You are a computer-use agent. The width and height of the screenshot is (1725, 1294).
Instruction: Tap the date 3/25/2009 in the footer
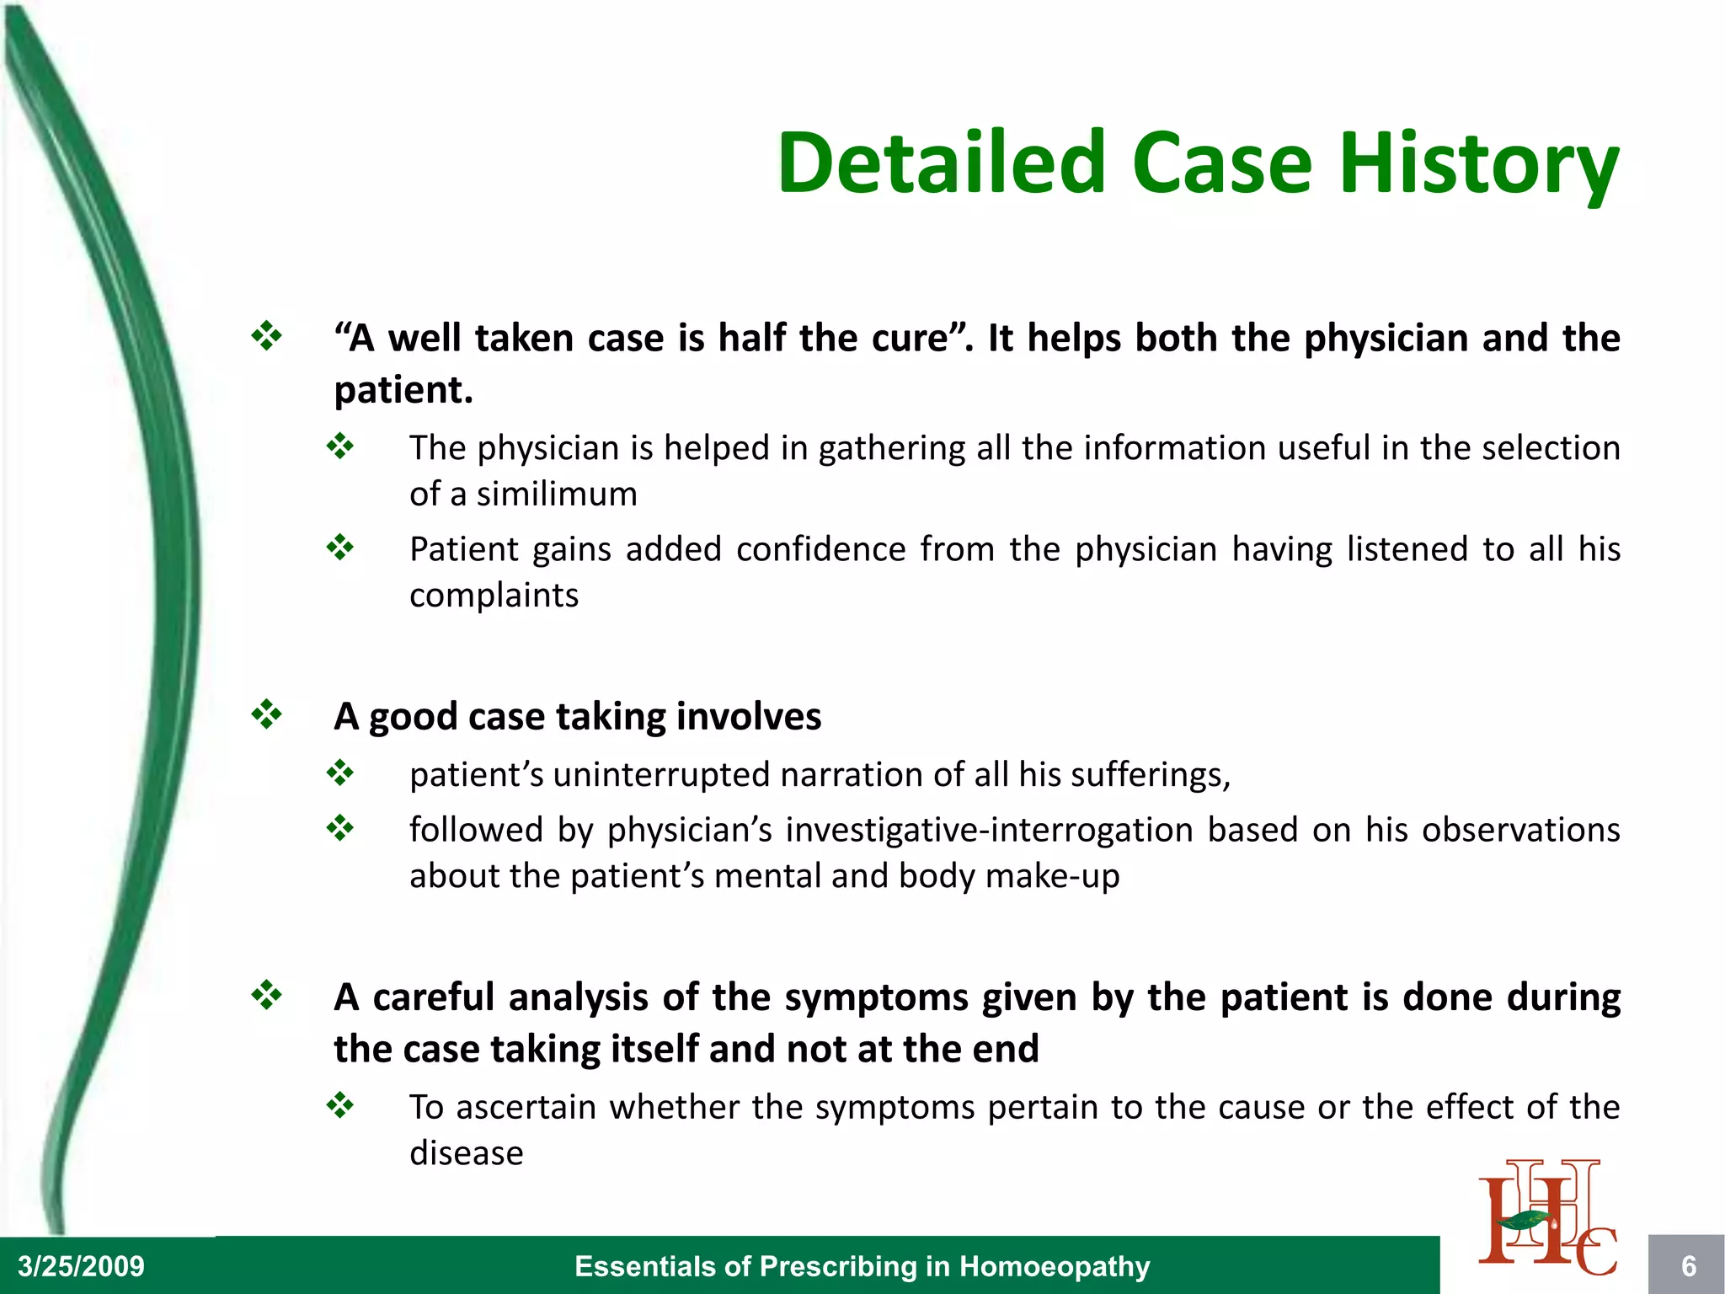point(81,1266)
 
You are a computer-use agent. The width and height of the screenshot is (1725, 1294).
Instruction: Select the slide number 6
point(1688,1266)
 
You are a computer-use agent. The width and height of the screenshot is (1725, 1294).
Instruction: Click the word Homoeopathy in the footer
point(1055,1266)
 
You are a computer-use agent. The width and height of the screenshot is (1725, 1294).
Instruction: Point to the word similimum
point(557,495)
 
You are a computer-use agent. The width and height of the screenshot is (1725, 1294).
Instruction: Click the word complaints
point(494,596)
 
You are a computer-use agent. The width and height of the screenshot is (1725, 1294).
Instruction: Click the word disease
point(466,1153)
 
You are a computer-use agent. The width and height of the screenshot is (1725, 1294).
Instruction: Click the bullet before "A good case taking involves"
point(266,715)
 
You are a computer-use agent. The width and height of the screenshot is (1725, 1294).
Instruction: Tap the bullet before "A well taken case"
point(266,336)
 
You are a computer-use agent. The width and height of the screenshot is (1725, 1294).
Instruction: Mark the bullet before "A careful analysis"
point(266,996)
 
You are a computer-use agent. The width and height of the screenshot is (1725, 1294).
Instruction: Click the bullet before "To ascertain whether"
point(340,1104)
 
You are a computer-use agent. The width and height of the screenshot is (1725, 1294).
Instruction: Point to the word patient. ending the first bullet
point(403,390)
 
